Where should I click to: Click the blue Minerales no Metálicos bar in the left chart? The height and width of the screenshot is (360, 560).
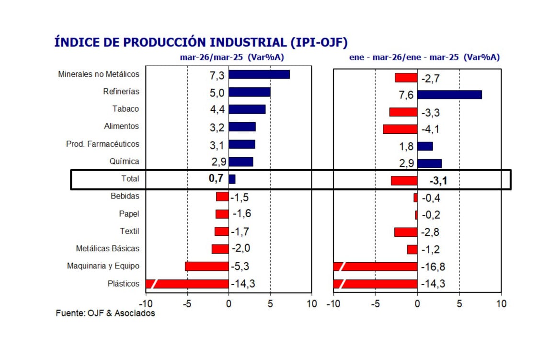[259, 74]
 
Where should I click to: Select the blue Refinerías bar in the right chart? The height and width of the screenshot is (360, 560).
[449, 94]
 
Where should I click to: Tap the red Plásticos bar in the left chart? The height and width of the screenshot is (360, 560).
[187, 284]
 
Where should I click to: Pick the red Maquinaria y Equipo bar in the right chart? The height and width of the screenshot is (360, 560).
[375, 267]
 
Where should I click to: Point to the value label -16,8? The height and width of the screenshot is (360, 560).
[433, 267]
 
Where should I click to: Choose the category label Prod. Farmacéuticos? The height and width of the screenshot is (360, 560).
[103, 144]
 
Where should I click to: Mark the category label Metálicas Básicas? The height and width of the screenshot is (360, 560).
[108, 248]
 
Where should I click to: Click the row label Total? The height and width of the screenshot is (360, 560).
[130, 179]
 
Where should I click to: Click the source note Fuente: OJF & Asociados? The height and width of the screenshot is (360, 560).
[105, 313]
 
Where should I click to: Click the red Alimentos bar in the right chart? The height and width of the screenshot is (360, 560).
[400, 129]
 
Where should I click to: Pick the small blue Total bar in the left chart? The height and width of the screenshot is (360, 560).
[232, 179]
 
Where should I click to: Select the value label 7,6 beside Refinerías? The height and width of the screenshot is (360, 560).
[406, 95]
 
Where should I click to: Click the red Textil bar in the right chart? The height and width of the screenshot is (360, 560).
[405, 232]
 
